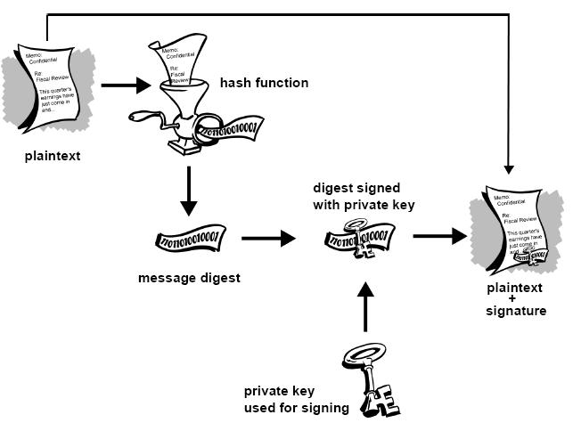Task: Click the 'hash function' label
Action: click(265, 84)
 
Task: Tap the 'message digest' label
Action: click(189, 278)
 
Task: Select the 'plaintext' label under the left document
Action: click(53, 156)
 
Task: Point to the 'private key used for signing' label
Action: click(297, 400)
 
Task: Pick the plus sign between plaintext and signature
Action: click(516, 299)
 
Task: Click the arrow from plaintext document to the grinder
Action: click(126, 86)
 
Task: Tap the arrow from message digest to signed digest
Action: click(267, 239)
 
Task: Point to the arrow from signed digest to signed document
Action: click(439, 237)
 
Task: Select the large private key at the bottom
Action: click(365, 378)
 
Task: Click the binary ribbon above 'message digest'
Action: click(191, 238)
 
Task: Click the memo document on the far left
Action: click(50, 84)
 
